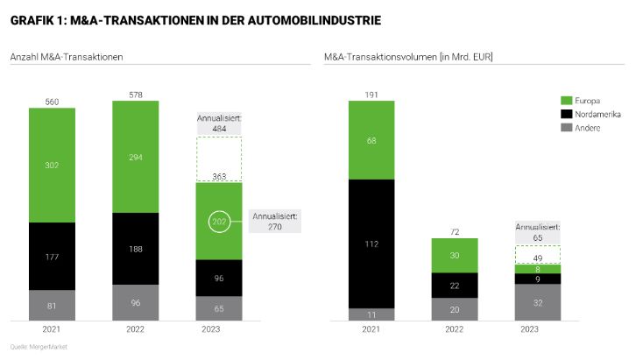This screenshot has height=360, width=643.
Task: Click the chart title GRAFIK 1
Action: coord(195,18)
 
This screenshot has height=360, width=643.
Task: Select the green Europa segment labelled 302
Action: coord(52,165)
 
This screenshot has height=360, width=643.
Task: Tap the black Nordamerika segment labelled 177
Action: coord(52,257)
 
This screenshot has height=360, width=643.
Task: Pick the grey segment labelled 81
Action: coord(52,306)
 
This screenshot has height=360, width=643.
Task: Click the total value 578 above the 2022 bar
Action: coord(135,94)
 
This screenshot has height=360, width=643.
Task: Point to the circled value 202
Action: coord(218,222)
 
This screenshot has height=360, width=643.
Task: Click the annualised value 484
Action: coord(218,128)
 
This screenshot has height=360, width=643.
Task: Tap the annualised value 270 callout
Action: coord(276,225)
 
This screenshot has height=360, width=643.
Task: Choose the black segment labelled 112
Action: coord(371,244)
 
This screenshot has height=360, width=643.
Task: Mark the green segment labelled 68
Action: coord(371,140)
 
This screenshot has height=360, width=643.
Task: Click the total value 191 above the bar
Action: coord(371,94)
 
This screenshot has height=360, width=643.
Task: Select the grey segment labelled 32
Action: coord(537,302)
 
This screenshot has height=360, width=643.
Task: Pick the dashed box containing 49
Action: coord(537,255)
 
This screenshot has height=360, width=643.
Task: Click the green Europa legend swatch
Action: coord(567,100)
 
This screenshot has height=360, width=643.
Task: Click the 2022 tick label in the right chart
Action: coord(455,329)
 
